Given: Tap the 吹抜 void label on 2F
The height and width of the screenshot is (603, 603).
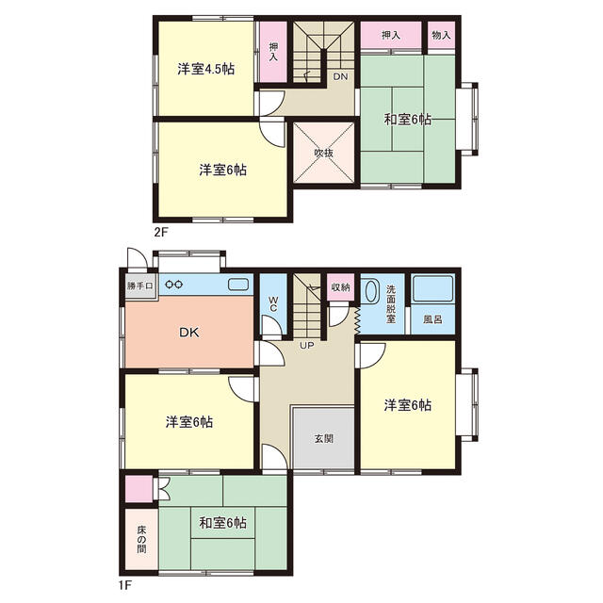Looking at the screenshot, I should tap(323, 153).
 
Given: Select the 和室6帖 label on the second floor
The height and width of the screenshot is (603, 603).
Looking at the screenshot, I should tap(407, 120).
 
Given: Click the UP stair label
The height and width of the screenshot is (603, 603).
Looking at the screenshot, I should tap(307, 346).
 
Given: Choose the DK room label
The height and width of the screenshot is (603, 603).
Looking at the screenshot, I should tap(191, 332).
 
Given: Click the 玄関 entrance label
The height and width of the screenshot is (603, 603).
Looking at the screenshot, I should tap(323, 439).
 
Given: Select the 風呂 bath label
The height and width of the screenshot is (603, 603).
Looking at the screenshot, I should tap(433, 320).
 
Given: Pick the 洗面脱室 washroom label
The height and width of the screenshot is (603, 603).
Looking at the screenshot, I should tap(392, 302).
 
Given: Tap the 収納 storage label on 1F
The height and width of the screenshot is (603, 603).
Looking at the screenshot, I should tap(339, 286).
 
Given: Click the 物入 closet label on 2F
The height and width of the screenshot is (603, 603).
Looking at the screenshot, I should tap(441, 35).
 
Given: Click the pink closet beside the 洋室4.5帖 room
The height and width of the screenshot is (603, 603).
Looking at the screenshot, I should tap(272, 53).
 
